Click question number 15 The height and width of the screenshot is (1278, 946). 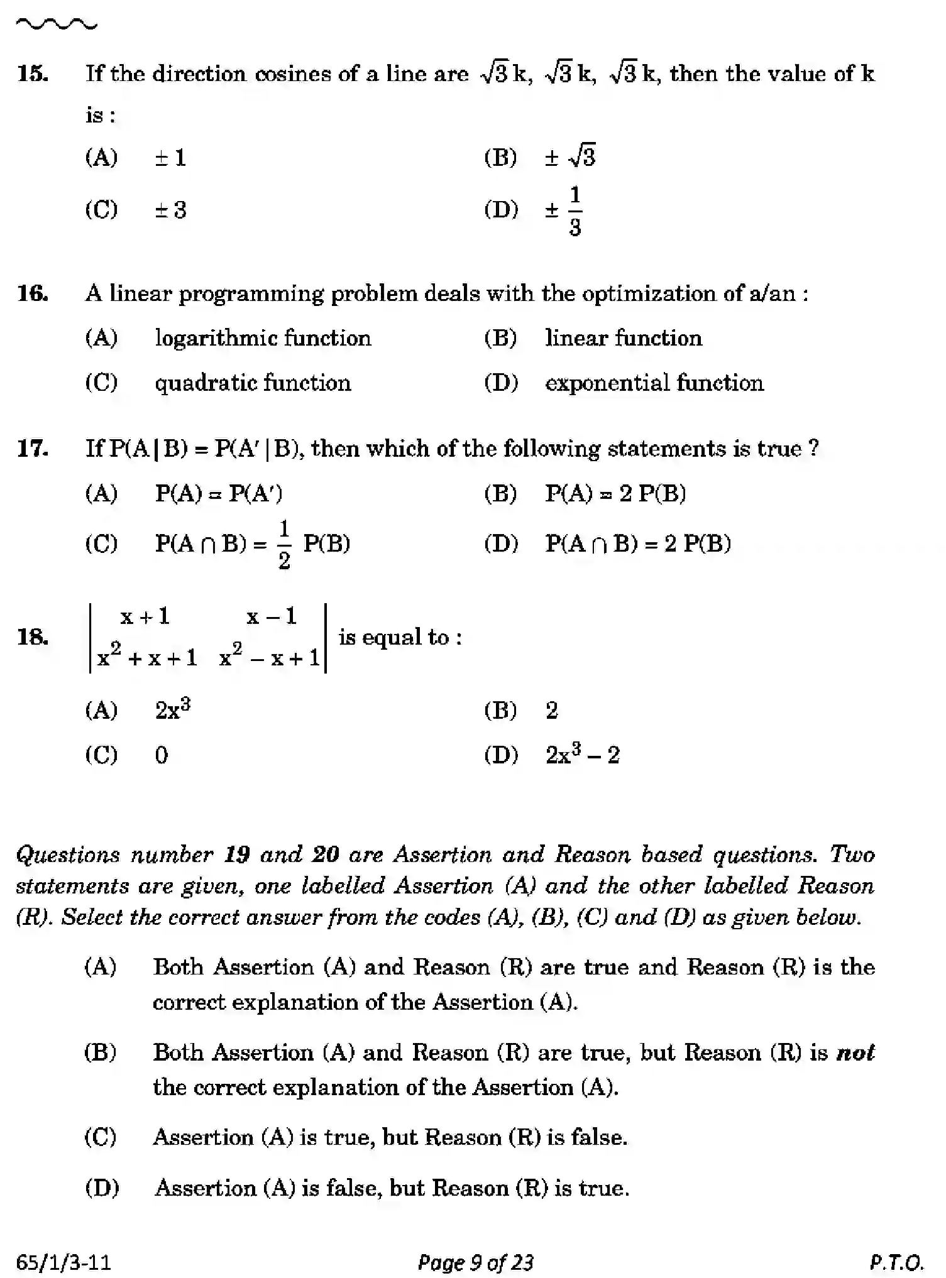click(x=33, y=74)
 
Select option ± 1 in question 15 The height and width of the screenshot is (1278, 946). click(x=170, y=158)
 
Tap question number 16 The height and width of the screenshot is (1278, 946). click(x=33, y=293)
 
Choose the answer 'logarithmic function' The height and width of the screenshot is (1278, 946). click(x=263, y=339)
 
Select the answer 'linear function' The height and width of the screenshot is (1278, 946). click(x=623, y=339)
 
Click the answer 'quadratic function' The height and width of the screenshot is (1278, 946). click(x=253, y=383)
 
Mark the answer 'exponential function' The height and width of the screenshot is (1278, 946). click(x=654, y=383)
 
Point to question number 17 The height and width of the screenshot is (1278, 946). click(x=33, y=449)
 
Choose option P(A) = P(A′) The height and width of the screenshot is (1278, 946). click(x=219, y=494)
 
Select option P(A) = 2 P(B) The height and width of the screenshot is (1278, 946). click(x=615, y=494)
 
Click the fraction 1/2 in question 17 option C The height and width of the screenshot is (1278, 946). click(x=284, y=544)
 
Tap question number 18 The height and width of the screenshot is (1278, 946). click(x=33, y=637)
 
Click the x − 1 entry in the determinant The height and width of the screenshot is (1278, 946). click(x=272, y=616)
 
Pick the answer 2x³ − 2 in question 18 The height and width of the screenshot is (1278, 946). click(x=582, y=754)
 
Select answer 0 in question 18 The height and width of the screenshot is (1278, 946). click(x=162, y=755)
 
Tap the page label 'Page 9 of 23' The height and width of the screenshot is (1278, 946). click(x=475, y=1262)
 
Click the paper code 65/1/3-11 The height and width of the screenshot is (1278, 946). click(x=63, y=1262)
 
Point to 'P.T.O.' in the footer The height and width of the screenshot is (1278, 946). click(x=896, y=1262)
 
